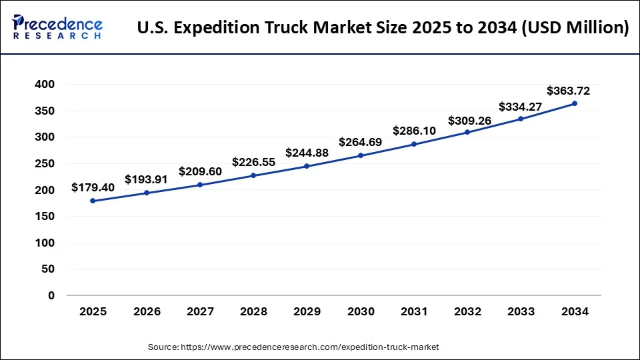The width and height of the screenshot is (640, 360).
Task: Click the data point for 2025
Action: click(x=93, y=201)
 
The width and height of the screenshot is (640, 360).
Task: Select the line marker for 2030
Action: click(x=361, y=155)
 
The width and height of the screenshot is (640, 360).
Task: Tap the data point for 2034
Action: click(x=575, y=103)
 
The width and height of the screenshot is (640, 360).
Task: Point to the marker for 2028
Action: click(x=253, y=175)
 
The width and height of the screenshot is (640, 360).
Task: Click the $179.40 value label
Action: click(x=93, y=187)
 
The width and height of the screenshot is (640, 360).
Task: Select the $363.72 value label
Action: click(x=568, y=91)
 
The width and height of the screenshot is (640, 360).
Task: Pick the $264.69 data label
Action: click(x=361, y=142)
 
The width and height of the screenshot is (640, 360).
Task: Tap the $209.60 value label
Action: click(x=200, y=171)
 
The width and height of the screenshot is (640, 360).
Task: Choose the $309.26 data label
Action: click(x=467, y=121)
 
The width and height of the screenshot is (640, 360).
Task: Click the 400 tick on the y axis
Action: click(x=46, y=85)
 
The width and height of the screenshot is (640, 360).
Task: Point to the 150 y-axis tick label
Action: click(x=46, y=216)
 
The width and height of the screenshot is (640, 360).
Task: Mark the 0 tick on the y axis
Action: click(x=51, y=295)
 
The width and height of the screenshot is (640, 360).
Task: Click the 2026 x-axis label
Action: click(x=147, y=311)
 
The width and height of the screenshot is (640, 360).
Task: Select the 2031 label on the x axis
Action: click(x=414, y=311)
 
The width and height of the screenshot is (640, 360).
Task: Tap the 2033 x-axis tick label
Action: click(x=521, y=311)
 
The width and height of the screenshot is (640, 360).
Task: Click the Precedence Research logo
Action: click(x=57, y=27)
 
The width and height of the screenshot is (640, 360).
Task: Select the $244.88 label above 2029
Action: click(x=307, y=153)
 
